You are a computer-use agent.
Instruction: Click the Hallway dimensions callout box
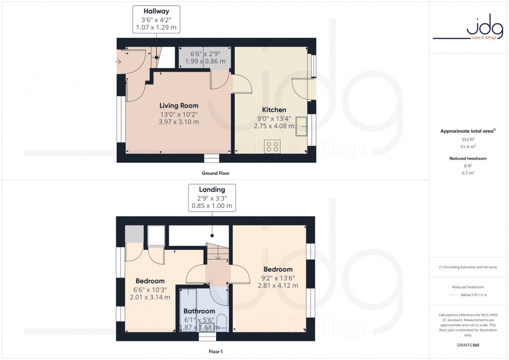pos(156,20)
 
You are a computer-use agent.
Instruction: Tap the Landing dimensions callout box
pos(212,197)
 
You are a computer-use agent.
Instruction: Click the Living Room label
pos(179,105)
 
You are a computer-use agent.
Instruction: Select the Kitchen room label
pos(274,110)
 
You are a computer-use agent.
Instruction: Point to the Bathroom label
pos(199,311)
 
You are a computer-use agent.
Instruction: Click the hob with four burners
pos(273,146)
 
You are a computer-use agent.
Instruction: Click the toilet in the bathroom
pos(221,321)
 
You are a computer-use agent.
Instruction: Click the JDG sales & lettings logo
pos(468,30)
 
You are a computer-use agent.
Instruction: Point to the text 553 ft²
pos(468,140)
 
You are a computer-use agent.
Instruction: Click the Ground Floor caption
pos(216,173)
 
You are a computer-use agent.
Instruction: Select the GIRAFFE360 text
pos(468,344)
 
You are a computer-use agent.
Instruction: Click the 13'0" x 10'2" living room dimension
pos(179,114)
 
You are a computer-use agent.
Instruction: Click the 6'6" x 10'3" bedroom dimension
pos(150,289)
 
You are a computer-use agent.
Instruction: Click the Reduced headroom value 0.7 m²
pos(468,172)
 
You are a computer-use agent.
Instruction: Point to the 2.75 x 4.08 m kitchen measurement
pos(274,126)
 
